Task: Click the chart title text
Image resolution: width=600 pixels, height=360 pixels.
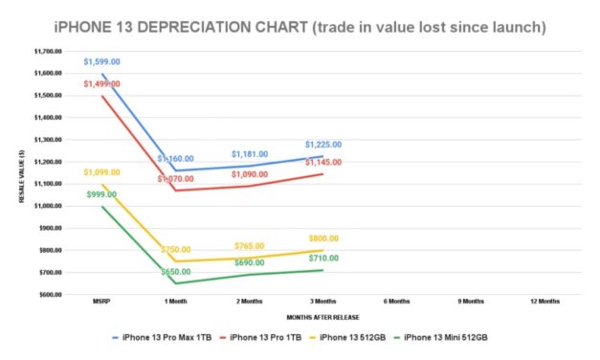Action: coord(300,27)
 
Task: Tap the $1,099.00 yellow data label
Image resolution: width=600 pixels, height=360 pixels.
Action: coord(100,172)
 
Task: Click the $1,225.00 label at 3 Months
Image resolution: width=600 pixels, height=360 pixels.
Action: coord(323,145)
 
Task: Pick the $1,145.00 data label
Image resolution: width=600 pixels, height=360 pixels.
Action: coord(323,162)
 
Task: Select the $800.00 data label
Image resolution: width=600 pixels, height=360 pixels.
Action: coord(323,238)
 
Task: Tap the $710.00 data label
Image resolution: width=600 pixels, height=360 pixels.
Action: coord(323,258)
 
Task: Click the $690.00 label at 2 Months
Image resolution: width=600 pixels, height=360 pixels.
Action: coord(250,262)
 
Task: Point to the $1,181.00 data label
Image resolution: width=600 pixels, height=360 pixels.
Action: coord(250,153)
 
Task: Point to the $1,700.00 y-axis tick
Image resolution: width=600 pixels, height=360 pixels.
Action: coord(46,52)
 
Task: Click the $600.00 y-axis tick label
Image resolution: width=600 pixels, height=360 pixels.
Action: coord(48,294)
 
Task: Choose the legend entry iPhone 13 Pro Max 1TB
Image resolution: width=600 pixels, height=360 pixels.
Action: coord(167,337)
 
